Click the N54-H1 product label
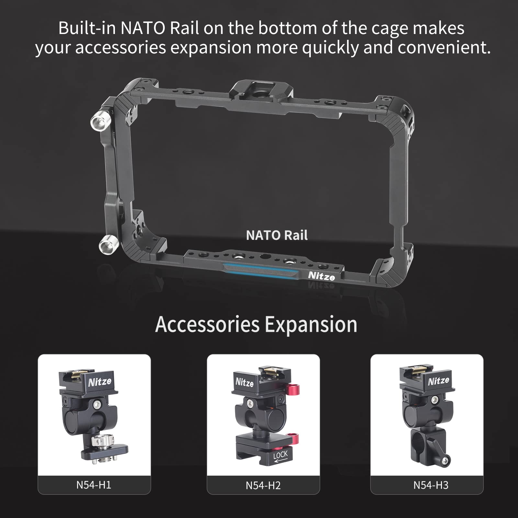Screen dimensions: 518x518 point(94,485)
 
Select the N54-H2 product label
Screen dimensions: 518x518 point(263,485)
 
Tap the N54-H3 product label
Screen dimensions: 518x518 point(431,485)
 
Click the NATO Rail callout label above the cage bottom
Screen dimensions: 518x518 point(277,235)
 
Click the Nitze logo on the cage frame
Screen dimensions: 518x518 point(321,276)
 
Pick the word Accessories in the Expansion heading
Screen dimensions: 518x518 point(207,324)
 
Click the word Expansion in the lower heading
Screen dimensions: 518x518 point(311,324)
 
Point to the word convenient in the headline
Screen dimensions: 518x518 point(444,47)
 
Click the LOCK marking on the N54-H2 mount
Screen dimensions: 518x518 point(280,455)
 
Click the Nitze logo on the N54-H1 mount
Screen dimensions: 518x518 point(100,382)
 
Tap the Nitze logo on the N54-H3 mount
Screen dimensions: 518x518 point(438,381)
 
